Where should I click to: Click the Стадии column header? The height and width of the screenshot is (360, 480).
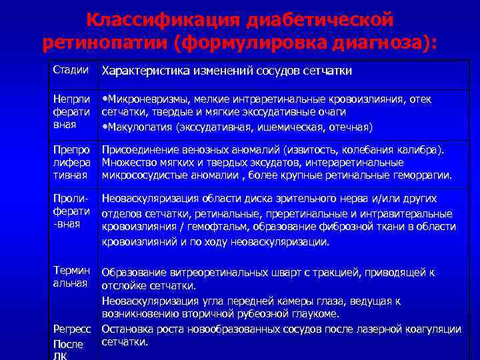tap(71, 70)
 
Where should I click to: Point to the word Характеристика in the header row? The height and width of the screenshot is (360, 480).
tap(141, 71)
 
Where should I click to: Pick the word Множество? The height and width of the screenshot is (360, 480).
tap(128, 163)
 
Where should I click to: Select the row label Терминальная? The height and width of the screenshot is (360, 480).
tap(71, 277)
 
